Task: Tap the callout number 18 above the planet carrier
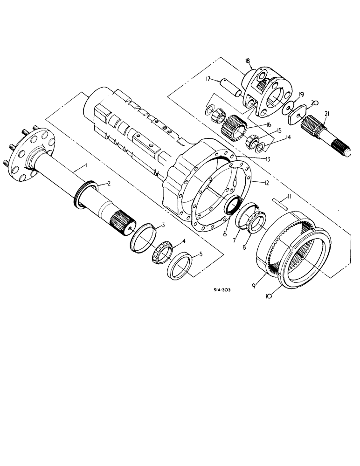click(x=247, y=61)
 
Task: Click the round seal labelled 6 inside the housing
click(x=233, y=205)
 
